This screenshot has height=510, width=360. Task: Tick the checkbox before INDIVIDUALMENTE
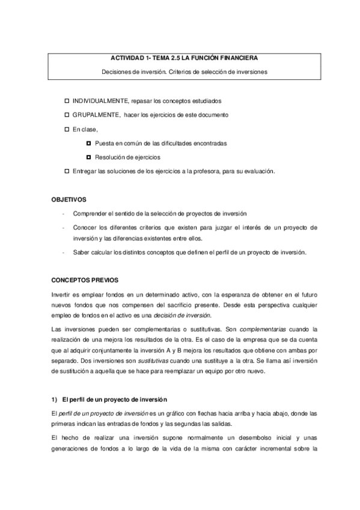click(x=67, y=100)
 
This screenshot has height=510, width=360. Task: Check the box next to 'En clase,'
click(x=67, y=129)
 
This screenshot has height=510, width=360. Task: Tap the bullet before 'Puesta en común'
click(x=89, y=143)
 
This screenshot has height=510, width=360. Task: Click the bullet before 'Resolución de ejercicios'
click(x=89, y=157)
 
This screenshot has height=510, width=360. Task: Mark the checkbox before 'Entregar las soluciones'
click(x=67, y=171)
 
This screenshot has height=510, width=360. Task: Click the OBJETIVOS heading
click(x=69, y=199)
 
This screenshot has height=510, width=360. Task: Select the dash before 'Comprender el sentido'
click(x=62, y=214)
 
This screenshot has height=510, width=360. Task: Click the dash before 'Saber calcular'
click(x=62, y=252)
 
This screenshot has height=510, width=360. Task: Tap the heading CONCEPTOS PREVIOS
click(x=85, y=280)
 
